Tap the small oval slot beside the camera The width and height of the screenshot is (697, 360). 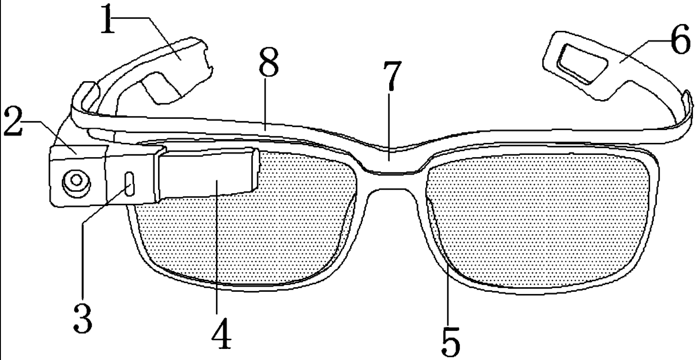129,184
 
